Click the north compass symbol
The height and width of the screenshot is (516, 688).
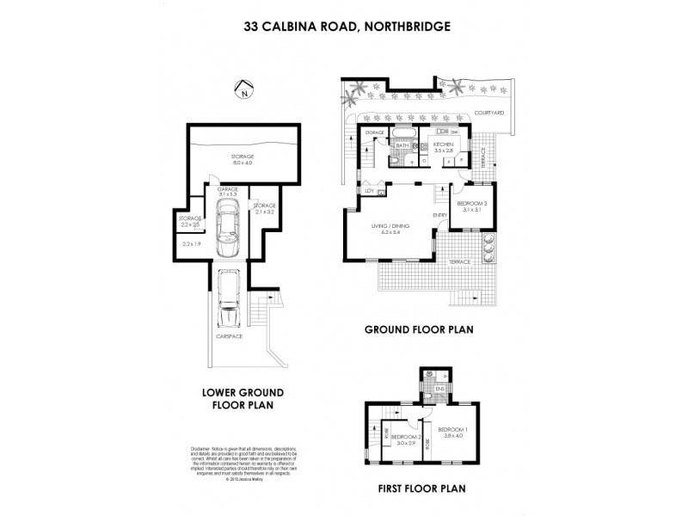point(246,89)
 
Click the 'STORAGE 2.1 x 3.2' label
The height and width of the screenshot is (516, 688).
point(264,208)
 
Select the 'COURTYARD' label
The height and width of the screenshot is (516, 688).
point(488,113)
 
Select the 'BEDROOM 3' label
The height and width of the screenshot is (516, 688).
point(472,206)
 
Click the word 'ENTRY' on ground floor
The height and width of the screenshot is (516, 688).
point(440,215)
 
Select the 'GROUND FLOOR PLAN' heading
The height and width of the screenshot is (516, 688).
point(420,329)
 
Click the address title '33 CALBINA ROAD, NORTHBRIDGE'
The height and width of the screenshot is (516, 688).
point(343,27)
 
